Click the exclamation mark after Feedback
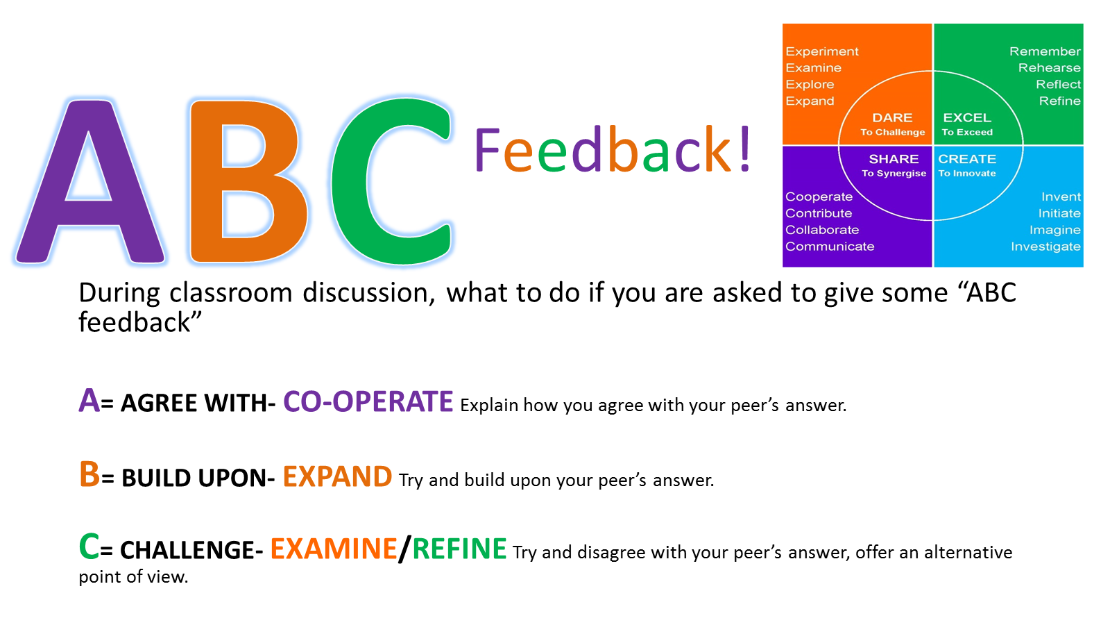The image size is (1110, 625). coord(744,149)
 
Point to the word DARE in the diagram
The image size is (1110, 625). coord(892,117)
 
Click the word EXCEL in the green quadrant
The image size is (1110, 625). coord(967,117)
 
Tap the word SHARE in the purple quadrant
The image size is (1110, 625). coord(894,159)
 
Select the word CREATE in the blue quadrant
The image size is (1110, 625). coord(967,159)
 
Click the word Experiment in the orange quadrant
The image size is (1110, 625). coord(821,51)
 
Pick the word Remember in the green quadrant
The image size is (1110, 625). coord(1045,51)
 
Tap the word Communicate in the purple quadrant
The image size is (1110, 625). coord(830,246)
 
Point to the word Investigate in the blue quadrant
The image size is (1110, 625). coord(1045,247)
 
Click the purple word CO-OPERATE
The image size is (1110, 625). coord(368,401)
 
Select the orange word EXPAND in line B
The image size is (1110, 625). coord(337,476)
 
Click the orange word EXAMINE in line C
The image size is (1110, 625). coord(334,549)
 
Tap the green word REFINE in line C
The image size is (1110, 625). coord(459,549)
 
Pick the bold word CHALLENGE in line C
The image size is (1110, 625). coord(187,550)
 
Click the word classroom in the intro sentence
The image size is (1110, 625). coord(231,292)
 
